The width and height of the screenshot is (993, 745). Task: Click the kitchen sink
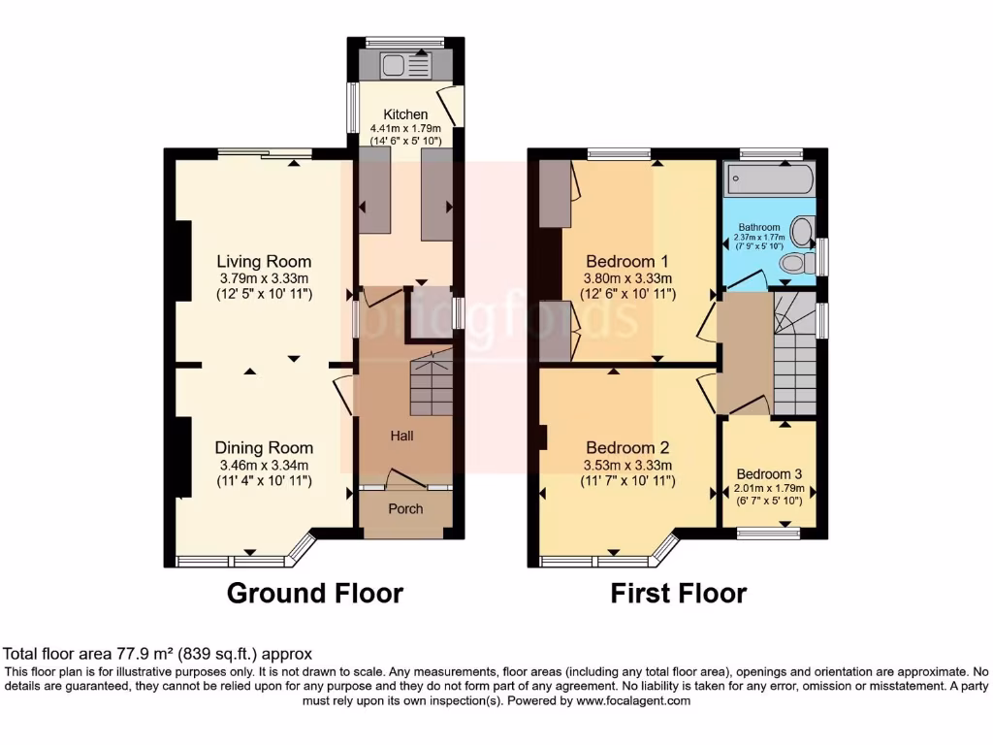(406, 66)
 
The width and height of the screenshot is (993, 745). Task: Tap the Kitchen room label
(405, 114)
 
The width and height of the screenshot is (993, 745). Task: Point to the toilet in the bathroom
(795, 263)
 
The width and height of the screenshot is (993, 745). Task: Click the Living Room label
(264, 261)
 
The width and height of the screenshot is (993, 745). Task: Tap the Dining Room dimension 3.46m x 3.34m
(264, 465)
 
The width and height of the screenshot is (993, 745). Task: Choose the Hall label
(401, 436)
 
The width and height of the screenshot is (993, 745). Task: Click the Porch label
(405, 508)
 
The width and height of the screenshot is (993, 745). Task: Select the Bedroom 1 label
(627, 261)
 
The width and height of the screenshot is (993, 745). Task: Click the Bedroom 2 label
(627, 448)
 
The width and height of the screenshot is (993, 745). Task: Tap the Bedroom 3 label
(769, 474)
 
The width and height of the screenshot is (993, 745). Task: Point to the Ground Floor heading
(314, 593)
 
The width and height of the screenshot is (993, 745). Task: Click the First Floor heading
(678, 593)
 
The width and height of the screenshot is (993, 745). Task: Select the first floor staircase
(794, 354)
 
